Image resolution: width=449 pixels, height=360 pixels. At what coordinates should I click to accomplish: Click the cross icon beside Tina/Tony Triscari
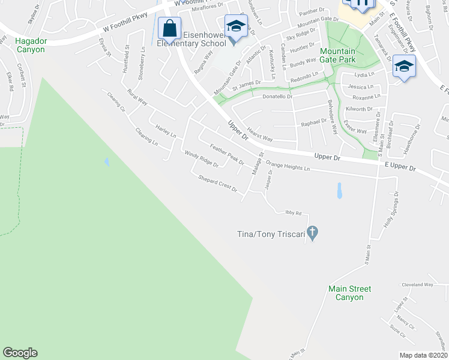click(312, 232)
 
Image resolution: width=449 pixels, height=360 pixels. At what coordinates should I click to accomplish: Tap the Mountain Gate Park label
click(337, 55)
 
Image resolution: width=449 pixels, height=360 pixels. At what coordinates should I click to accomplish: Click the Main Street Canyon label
click(350, 293)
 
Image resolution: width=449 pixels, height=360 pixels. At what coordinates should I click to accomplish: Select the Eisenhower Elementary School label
click(191, 39)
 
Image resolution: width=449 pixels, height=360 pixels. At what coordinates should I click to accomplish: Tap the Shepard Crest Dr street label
click(218, 184)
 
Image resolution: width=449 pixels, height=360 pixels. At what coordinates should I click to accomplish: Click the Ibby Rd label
click(293, 213)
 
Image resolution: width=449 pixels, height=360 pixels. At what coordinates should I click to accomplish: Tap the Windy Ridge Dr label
click(201, 158)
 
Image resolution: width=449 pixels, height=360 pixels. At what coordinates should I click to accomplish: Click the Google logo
click(20, 353)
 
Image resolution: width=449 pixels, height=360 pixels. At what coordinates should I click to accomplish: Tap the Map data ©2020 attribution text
click(424, 355)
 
